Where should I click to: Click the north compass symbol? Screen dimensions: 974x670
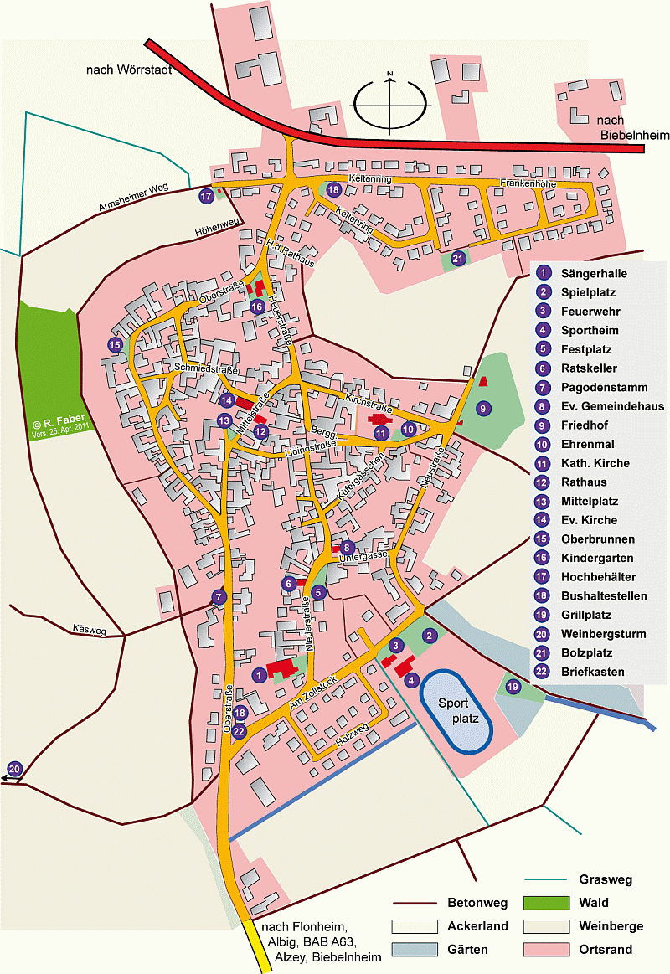pyautogui.click(x=389, y=102)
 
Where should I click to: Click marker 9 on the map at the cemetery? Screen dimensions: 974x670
pyautogui.click(x=482, y=408)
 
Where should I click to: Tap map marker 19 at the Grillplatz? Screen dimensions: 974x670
pyautogui.click(x=513, y=688)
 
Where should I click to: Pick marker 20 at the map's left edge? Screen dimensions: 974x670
pyautogui.click(x=14, y=769)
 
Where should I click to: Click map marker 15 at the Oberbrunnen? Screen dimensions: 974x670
pyautogui.click(x=114, y=344)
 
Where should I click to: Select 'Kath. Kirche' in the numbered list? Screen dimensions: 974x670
pyautogui.click(x=595, y=463)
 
